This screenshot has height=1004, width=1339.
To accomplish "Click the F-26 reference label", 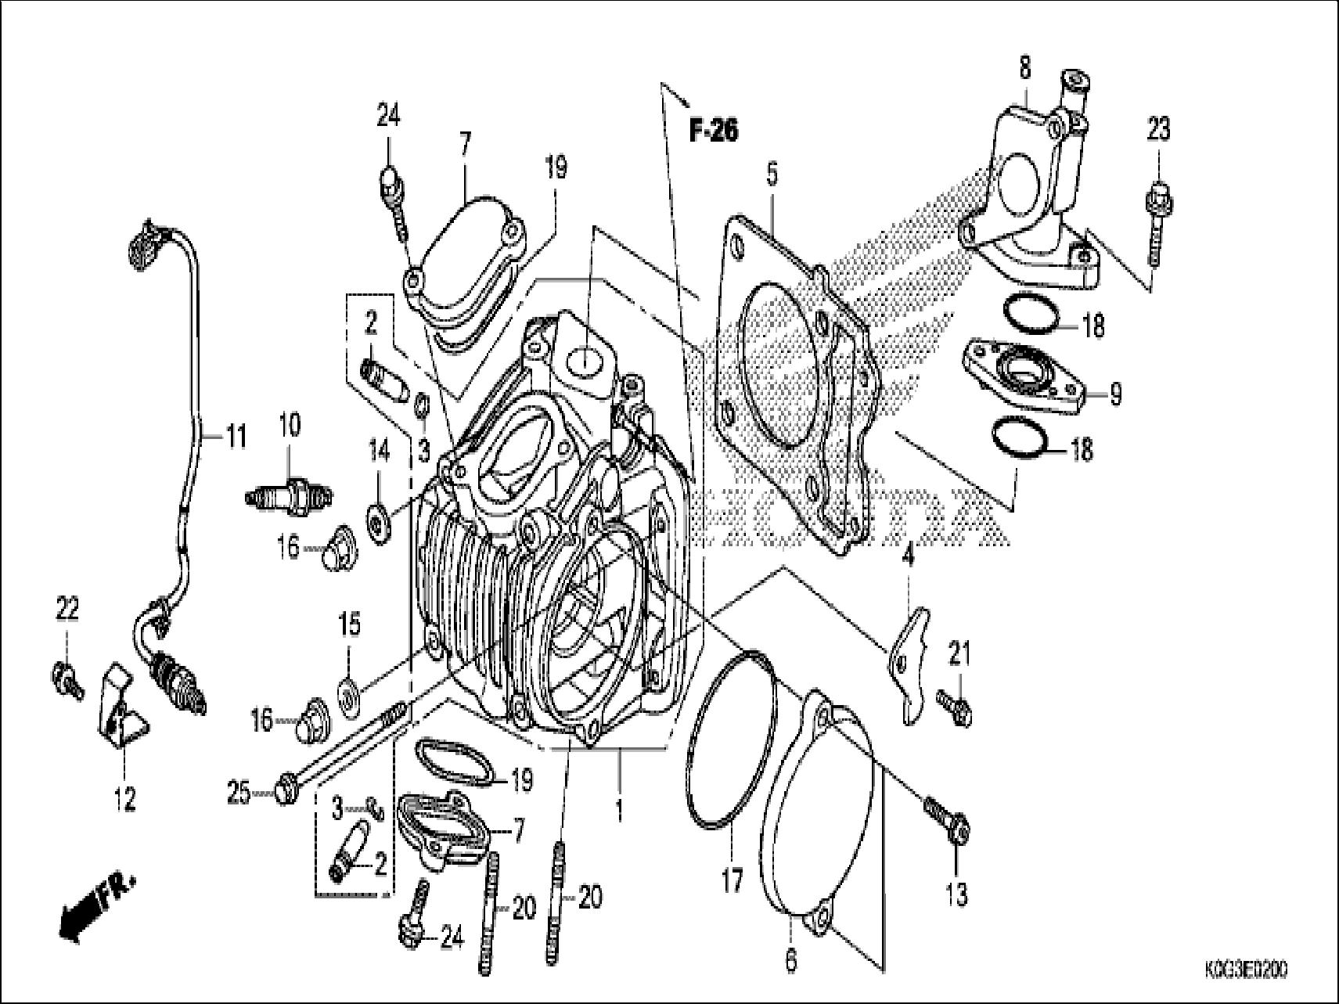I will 713,131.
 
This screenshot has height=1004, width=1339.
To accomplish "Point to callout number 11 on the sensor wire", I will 235,436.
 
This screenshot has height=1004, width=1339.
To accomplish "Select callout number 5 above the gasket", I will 772,174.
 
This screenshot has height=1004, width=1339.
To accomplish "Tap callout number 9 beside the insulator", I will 1114,394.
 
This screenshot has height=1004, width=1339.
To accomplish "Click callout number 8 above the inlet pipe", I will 1024,68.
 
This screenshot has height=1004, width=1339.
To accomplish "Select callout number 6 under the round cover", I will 790,959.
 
